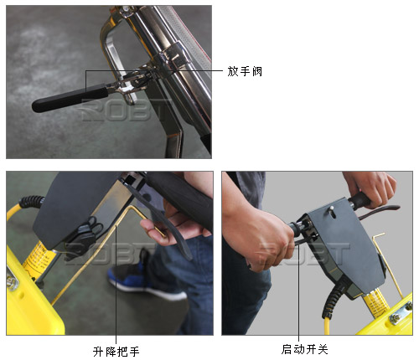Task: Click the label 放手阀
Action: [245, 71]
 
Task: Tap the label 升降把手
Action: [116, 352]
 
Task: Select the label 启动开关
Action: [304, 349]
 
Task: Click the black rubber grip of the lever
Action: [70, 100]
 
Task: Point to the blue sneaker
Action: [145, 279]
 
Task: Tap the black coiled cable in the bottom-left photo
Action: [31, 202]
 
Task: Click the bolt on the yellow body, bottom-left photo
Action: [12, 281]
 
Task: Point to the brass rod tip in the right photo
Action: [379, 234]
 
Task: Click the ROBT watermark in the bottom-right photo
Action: [303, 254]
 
